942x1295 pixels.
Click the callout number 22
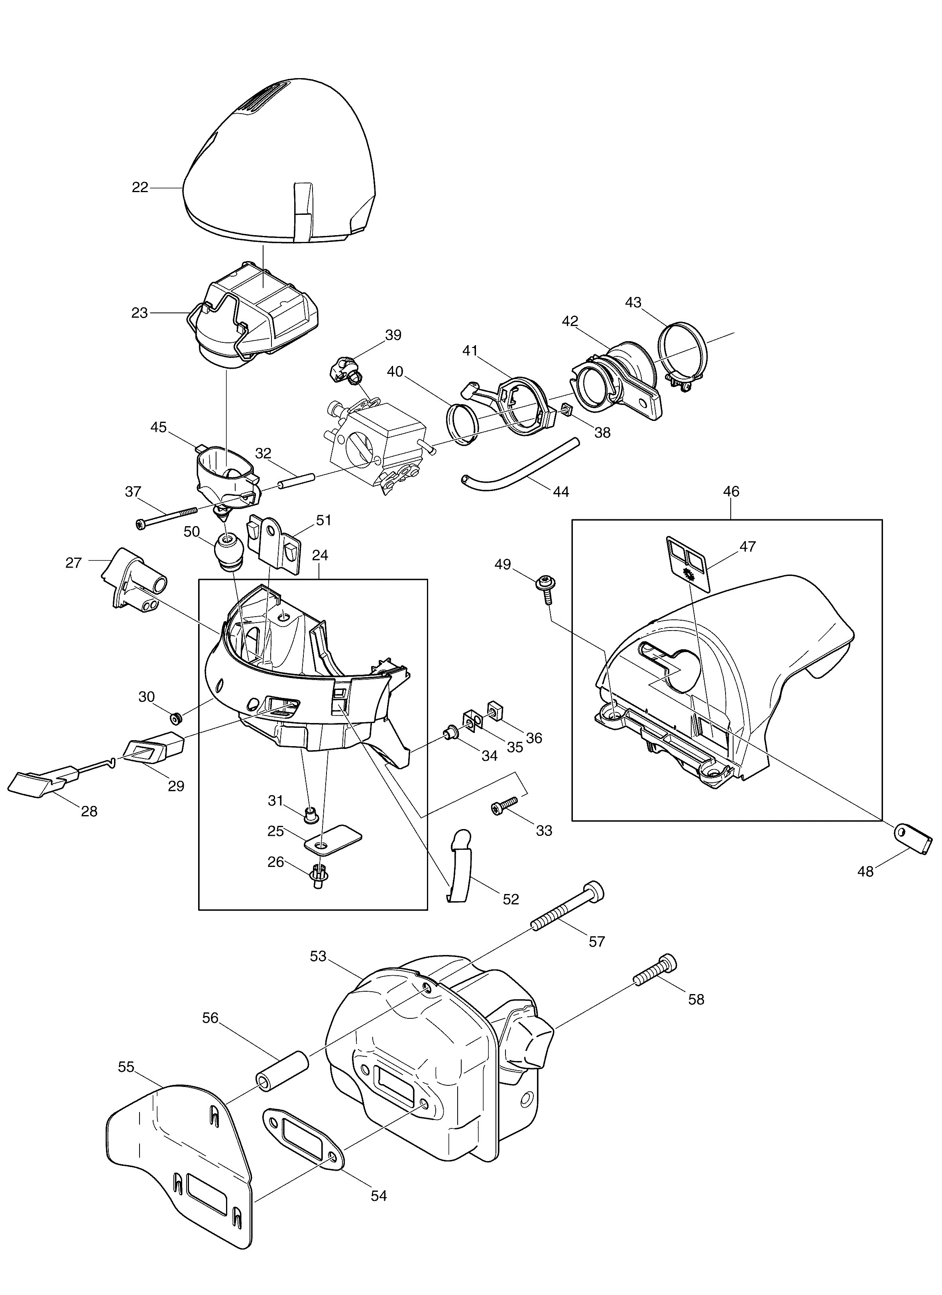coord(140,187)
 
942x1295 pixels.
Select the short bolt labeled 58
coord(655,971)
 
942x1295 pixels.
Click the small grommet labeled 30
coord(176,717)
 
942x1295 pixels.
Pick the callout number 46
coord(732,491)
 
